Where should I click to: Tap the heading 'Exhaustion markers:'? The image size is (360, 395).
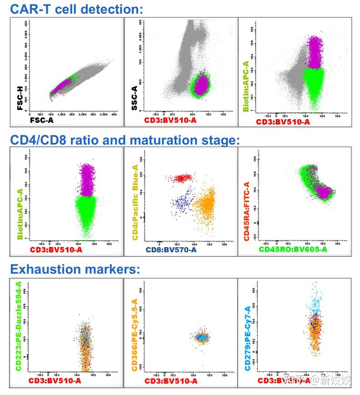tap(75, 269)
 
